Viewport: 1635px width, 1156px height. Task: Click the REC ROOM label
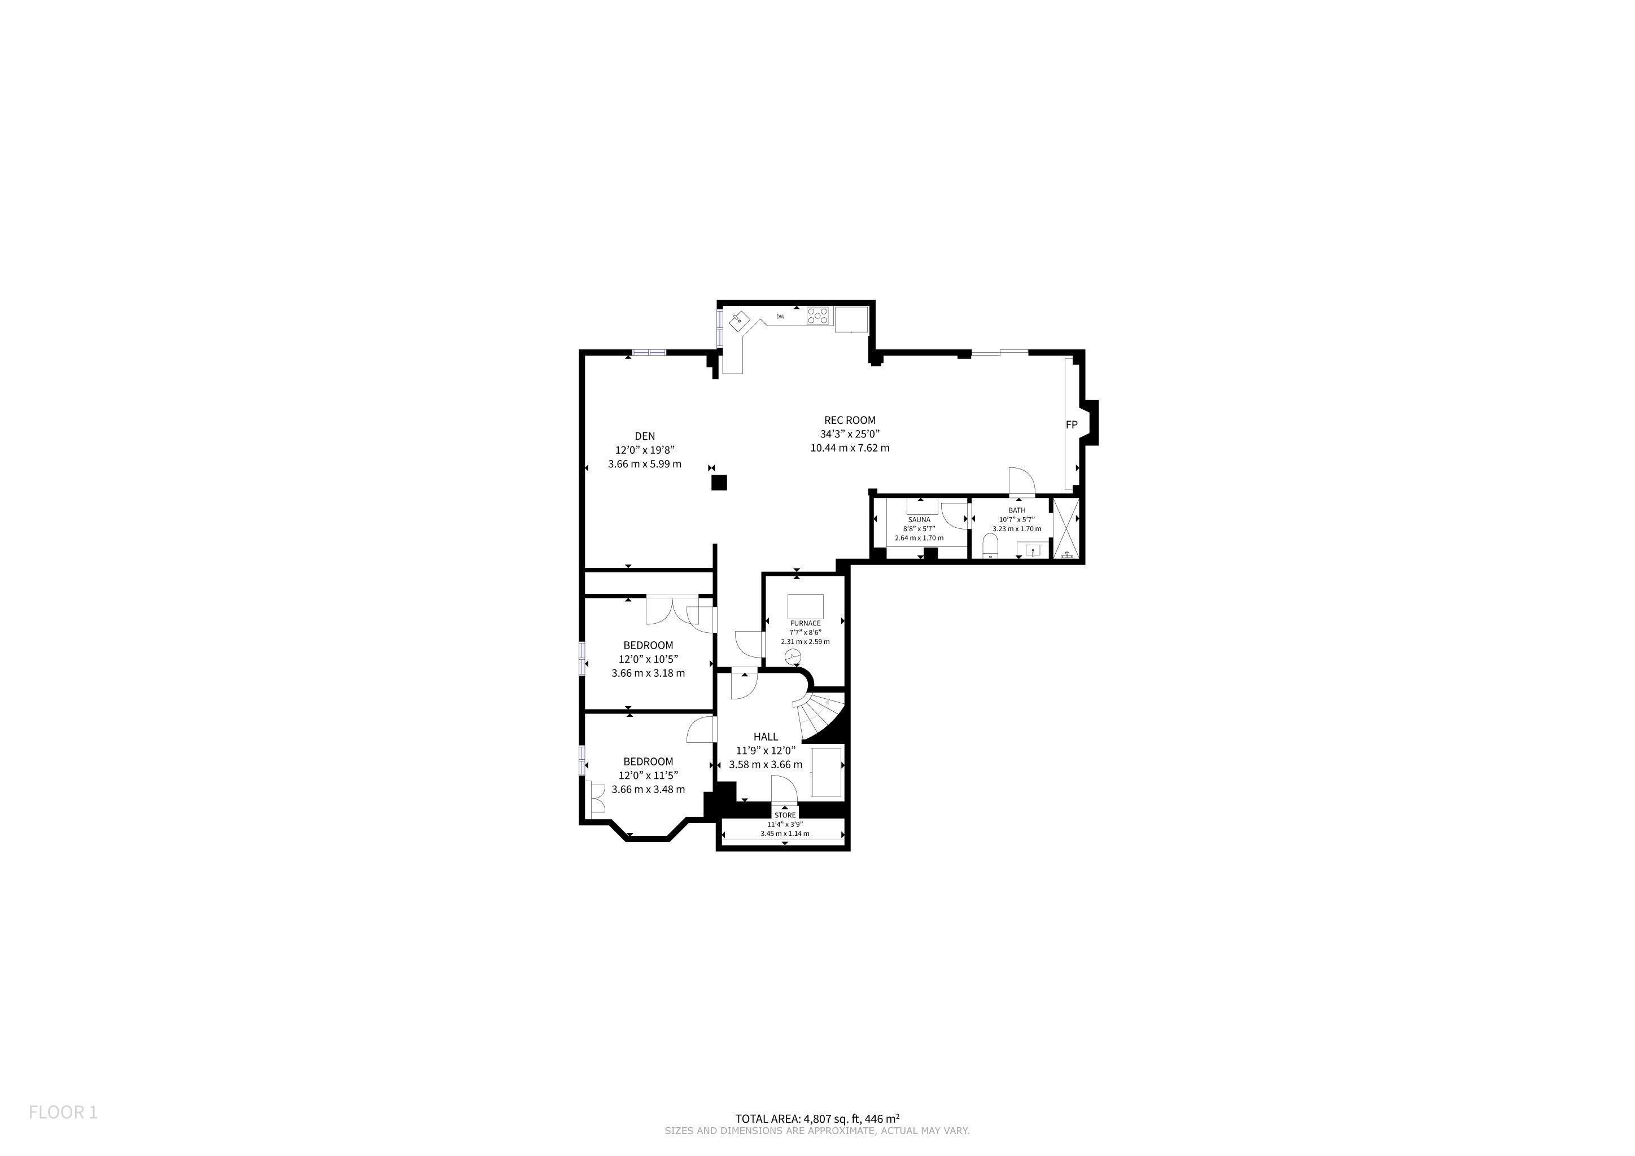(x=850, y=421)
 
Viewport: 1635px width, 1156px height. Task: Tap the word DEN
(x=644, y=436)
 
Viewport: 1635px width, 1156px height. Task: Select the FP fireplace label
(x=1071, y=425)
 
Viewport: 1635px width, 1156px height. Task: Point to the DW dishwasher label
(x=780, y=317)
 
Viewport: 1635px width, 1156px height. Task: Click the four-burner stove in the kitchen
(x=820, y=316)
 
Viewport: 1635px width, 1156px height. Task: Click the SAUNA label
(x=919, y=520)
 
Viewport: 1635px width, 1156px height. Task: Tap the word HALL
(x=766, y=737)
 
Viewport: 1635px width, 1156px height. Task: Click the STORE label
(x=785, y=816)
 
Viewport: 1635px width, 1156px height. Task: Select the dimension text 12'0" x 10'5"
(x=648, y=659)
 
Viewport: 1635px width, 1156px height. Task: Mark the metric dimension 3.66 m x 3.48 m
(x=648, y=790)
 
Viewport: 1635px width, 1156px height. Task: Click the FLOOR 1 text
(x=63, y=1113)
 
